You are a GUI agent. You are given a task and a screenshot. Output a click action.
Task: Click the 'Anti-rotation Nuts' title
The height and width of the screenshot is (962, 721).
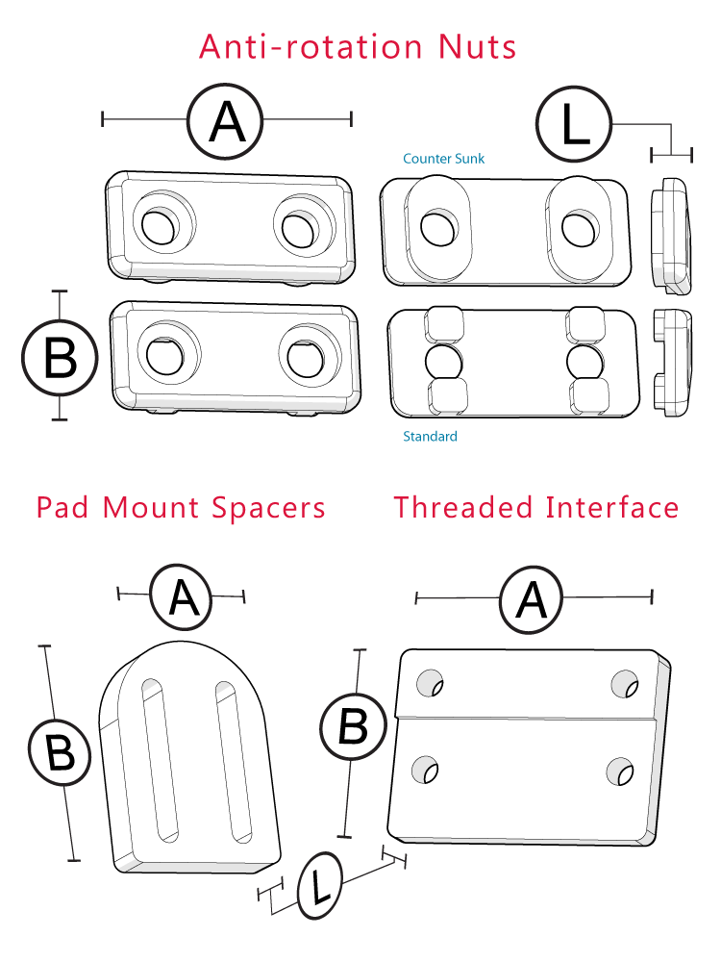[x=358, y=47]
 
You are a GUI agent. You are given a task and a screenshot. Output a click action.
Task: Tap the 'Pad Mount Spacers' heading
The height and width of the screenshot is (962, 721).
[x=181, y=507]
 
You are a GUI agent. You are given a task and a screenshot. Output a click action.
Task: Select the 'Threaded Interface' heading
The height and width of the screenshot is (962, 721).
[x=535, y=507]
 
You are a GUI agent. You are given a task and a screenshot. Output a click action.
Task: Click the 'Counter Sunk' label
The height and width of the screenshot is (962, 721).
[x=443, y=158]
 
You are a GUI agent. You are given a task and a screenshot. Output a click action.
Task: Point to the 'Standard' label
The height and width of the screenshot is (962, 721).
[x=430, y=436]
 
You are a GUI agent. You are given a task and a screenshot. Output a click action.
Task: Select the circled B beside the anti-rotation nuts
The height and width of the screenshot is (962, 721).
[x=60, y=357]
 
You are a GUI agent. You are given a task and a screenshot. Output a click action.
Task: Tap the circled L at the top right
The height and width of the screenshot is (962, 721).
[x=574, y=124]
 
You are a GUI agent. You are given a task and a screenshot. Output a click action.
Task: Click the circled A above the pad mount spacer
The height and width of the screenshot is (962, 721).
[x=183, y=597]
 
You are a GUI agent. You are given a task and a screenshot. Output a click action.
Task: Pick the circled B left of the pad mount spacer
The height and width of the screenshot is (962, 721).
[x=60, y=752]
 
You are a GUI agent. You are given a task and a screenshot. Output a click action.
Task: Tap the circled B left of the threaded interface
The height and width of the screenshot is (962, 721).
[x=353, y=727]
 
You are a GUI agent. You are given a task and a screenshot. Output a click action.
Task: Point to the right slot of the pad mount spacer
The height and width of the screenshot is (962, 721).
[x=233, y=759]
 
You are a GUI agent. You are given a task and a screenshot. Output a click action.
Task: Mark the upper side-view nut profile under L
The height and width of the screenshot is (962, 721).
[x=670, y=235]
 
